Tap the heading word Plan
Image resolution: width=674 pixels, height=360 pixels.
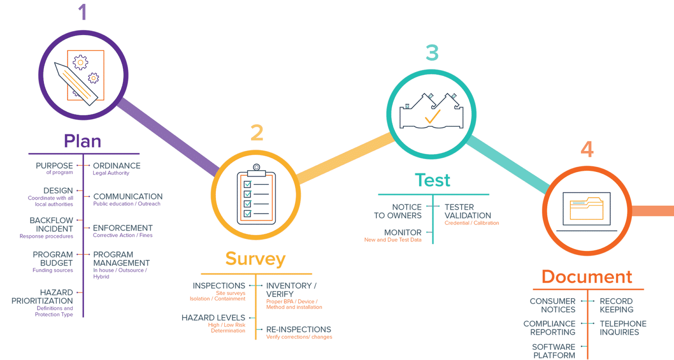pos(82,141)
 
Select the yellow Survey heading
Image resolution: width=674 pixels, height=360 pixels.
pos(255,259)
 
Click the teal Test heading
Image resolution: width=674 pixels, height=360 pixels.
pos(433,180)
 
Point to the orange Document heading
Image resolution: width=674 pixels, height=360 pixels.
pos(587,277)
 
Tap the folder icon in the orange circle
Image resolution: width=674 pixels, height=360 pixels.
pos(587,209)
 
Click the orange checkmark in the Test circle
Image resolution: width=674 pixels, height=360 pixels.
pos(432,116)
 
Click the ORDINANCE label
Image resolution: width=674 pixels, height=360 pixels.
pos(117,166)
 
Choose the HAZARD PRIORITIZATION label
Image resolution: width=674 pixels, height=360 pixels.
pos(43,297)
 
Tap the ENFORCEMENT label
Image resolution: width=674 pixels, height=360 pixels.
pos(122,228)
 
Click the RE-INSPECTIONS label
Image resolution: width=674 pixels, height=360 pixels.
pos(298,329)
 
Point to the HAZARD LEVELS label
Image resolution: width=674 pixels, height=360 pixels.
pos(213,317)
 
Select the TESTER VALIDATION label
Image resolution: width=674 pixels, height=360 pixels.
pos(467,211)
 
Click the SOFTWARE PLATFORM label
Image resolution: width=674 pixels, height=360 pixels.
pos(553,351)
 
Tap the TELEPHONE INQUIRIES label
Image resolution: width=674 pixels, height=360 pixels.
pos(623,328)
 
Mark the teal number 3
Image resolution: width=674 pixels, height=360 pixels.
pos(432,53)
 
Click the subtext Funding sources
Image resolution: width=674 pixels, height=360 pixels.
pos(53,271)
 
